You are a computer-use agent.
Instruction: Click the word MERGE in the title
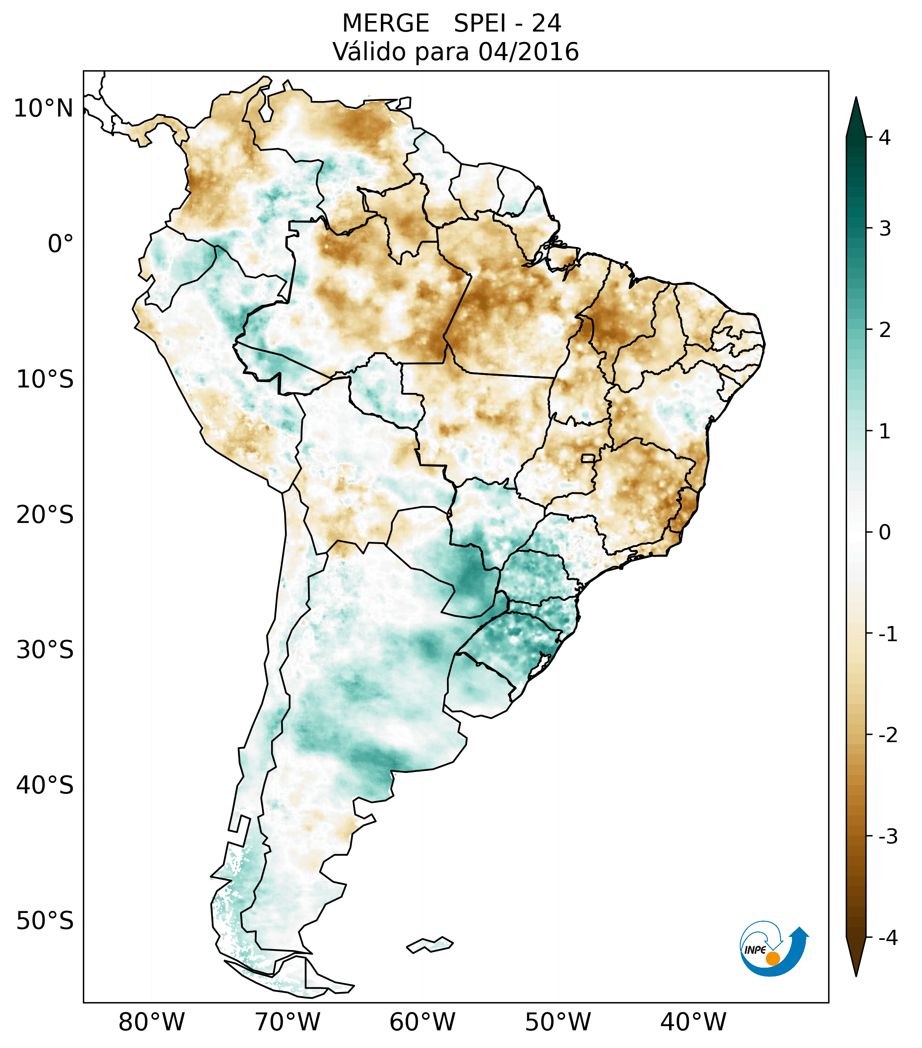point(385,24)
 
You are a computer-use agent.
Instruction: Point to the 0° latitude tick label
point(61,244)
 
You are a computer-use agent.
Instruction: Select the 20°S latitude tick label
point(45,515)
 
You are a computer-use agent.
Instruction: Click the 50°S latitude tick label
point(45,921)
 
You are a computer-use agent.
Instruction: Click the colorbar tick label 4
point(885,138)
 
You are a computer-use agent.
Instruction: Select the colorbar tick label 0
point(885,533)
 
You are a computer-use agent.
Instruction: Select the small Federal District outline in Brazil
point(588,458)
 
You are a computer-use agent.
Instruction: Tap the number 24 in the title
point(546,24)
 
